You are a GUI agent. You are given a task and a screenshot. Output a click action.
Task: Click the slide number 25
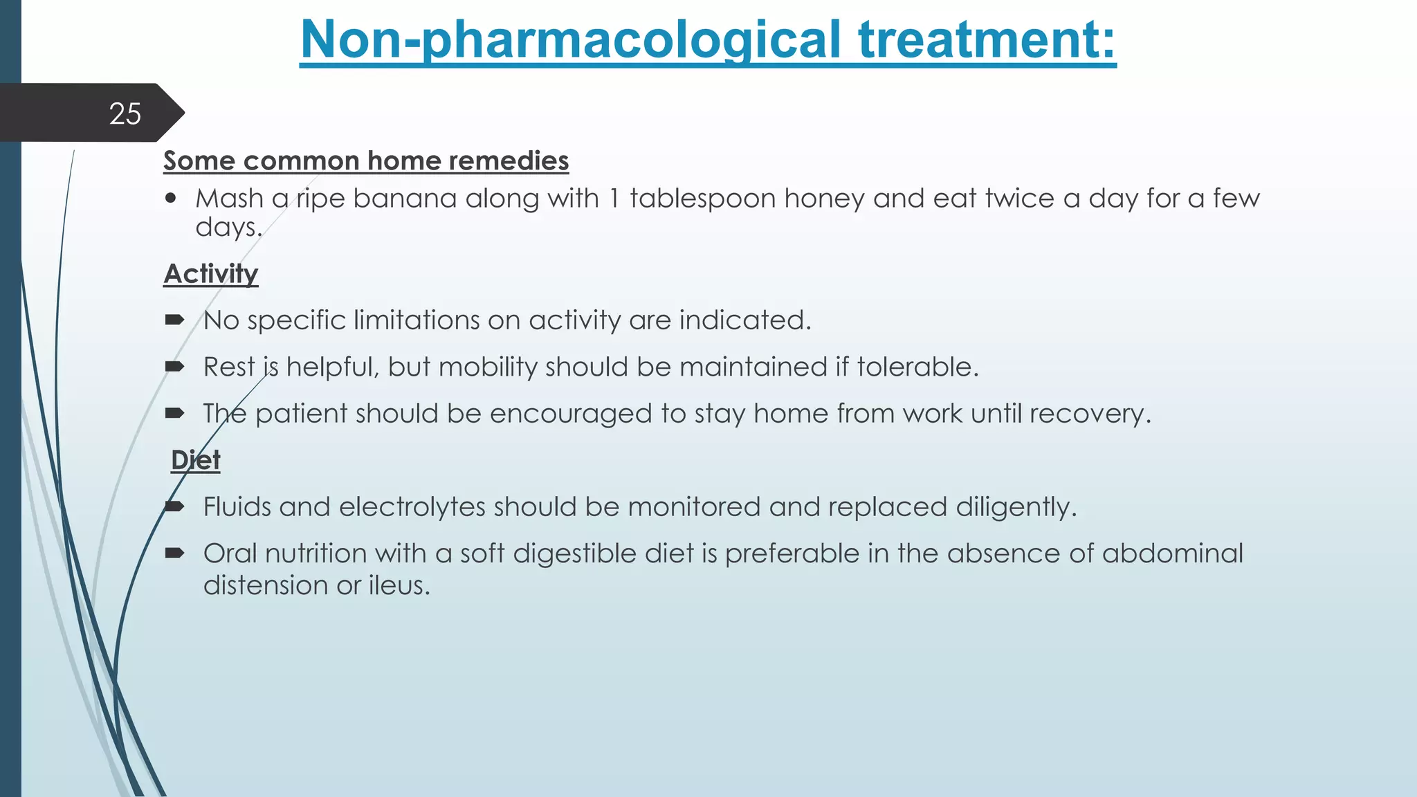(x=125, y=113)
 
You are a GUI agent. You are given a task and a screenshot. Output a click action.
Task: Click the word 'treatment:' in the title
(x=987, y=39)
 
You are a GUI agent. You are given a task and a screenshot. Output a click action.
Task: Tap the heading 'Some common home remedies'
(x=366, y=161)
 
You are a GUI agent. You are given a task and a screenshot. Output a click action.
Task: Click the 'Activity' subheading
(x=211, y=274)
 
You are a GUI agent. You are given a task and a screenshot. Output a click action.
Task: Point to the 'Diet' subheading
(x=196, y=460)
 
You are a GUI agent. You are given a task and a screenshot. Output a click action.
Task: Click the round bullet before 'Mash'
(x=171, y=199)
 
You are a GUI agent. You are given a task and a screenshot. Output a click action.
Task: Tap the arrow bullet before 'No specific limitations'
(x=174, y=320)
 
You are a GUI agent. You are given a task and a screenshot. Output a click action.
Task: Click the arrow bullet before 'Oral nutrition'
(x=174, y=553)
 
